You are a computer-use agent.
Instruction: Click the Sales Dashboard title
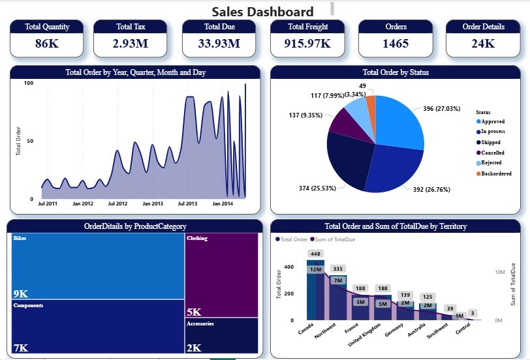262,11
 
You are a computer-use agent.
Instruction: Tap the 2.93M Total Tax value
131,44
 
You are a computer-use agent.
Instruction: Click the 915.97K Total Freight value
307,44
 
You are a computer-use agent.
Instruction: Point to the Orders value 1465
396,44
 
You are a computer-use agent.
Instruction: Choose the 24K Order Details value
483,44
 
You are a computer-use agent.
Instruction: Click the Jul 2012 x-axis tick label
117,204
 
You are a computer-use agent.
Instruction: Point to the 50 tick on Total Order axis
29,141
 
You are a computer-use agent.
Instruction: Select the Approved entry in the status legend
493,121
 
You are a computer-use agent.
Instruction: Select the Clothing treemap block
221,274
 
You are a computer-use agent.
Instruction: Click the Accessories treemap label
200,323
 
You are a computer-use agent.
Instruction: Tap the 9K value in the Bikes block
20,293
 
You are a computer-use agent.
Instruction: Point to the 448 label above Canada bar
316,254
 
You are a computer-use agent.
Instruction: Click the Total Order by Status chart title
396,72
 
